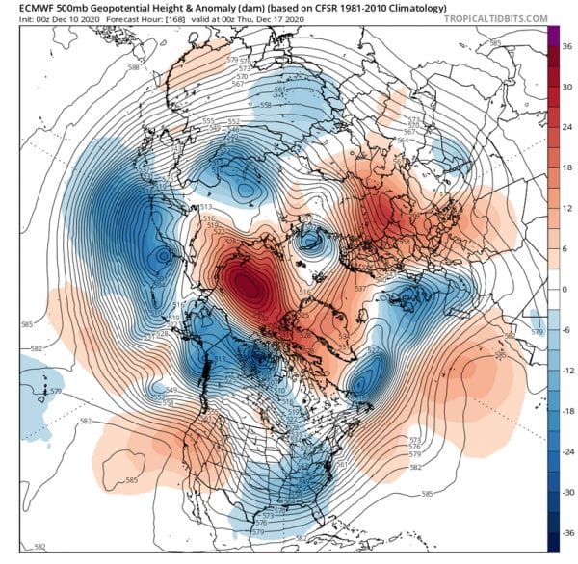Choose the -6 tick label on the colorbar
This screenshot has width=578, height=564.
click(566, 328)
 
